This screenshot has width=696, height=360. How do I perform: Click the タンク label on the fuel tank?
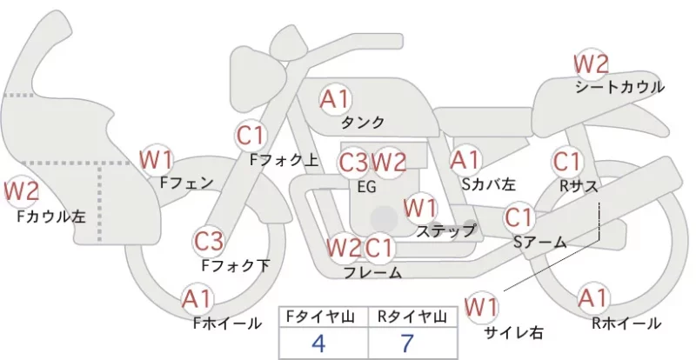pyautogui.click(x=362, y=122)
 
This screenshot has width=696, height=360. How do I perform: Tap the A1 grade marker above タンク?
pyautogui.click(x=335, y=99)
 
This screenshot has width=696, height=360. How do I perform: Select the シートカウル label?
pyautogui.click(x=619, y=87)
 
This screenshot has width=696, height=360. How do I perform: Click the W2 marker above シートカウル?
pyautogui.click(x=591, y=64)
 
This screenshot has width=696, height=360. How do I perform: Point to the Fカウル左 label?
pyautogui.click(x=51, y=217)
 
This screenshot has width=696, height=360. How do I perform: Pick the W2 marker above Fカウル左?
pyautogui.click(x=21, y=192)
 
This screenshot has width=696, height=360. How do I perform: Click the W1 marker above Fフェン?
pyautogui.click(x=157, y=160)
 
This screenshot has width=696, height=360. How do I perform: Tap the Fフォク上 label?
pyautogui.click(x=284, y=160)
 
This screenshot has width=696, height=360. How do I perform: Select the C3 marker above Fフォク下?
pyautogui.click(x=209, y=242)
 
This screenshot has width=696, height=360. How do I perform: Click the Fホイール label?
pyautogui.click(x=227, y=323)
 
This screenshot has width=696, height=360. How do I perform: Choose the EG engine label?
pyautogui.click(x=366, y=187)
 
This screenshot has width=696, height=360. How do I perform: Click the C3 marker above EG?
pyautogui.click(x=353, y=163)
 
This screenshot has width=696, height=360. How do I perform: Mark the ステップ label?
pyautogui.click(x=445, y=230)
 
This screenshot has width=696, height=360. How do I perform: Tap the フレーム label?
pyautogui.click(x=372, y=272)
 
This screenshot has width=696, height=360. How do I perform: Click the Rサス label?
pyautogui.click(x=579, y=186)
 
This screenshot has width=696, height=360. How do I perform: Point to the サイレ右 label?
pyautogui.click(x=513, y=332)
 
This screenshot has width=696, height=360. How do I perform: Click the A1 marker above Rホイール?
pyautogui.click(x=592, y=298)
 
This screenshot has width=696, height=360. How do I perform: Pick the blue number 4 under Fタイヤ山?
pyautogui.click(x=318, y=343)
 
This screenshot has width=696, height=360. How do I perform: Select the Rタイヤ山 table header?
pyautogui.click(x=412, y=317)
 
